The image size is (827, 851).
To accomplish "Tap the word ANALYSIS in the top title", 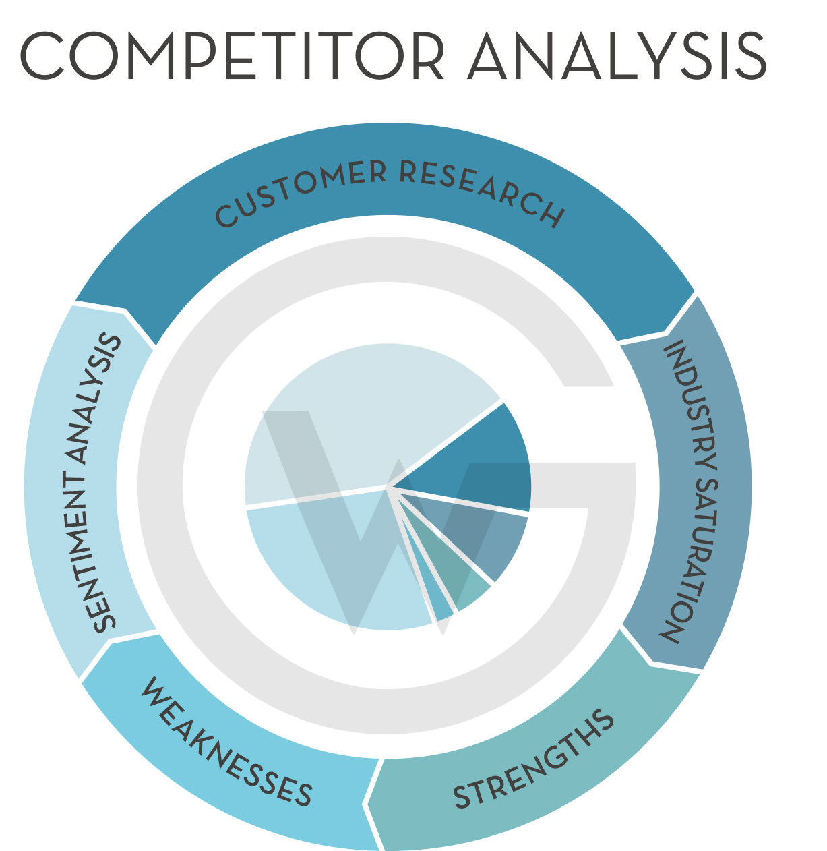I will tap(618, 55).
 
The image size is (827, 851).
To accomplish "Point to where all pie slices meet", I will tap(389, 486).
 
